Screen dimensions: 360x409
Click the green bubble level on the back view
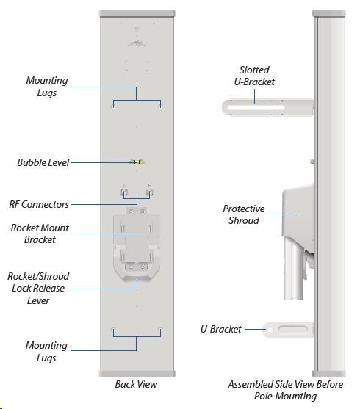137,162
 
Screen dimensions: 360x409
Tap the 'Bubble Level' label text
43,162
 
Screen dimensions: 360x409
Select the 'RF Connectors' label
39,204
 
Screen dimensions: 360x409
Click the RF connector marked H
150,193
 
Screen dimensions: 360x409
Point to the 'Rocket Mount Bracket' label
40,234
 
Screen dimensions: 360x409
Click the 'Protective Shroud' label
244,214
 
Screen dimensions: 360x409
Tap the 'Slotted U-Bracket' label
254,76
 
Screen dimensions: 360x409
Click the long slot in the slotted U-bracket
256,107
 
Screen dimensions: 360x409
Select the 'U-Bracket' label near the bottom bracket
221,329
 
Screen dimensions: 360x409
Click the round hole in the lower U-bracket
270,330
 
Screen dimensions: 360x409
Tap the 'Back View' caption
136,384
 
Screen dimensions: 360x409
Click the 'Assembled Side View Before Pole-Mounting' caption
285,390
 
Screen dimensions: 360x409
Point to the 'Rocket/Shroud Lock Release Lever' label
38,289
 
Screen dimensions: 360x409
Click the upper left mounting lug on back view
113,106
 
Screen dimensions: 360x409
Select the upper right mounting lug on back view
161,106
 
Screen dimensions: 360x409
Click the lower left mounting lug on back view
113,330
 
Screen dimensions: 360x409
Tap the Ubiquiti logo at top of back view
137,43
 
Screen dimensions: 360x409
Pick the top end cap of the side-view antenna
329,13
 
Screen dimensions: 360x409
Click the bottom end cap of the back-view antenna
137,374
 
